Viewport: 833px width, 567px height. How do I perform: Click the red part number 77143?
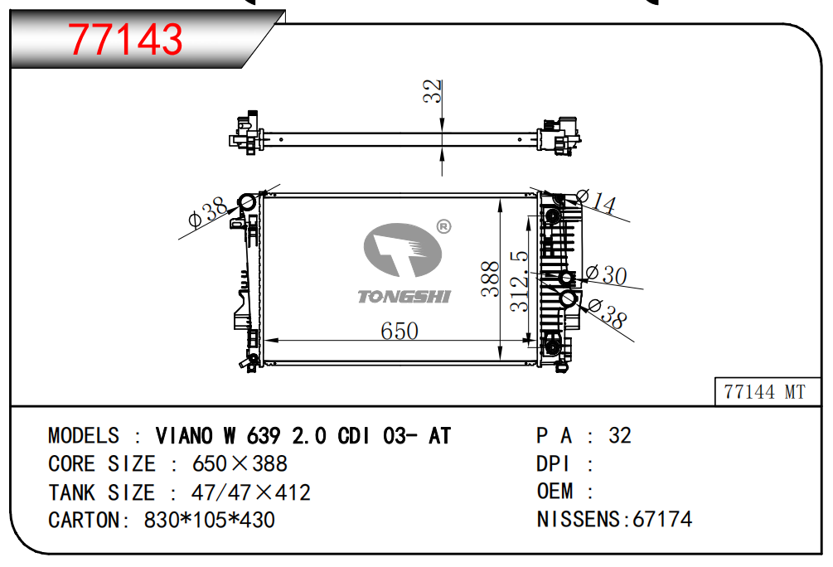click(x=125, y=39)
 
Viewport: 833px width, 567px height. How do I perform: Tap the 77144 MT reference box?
click(x=767, y=391)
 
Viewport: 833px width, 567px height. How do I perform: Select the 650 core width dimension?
click(x=400, y=331)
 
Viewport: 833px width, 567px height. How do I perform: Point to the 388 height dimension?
click(x=491, y=279)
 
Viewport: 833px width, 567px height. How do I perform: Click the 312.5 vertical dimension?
click(x=519, y=281)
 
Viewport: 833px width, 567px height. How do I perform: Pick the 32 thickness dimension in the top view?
click(x=433, y=91)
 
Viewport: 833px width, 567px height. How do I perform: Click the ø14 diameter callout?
click(x=596, y=201)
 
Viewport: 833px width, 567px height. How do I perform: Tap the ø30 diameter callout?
click(x=606, y=274)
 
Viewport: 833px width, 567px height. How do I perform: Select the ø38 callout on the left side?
click(x=208, y=211)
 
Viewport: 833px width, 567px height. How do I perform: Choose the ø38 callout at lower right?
click(x=608, y=313)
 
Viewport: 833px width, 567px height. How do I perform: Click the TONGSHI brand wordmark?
click(x=404, y=297)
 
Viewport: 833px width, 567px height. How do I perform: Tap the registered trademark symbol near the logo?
click(x=443, y=227)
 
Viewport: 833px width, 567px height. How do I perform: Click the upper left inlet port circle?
click(x=247, y=202)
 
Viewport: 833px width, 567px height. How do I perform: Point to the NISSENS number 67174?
click(x=662, y=519)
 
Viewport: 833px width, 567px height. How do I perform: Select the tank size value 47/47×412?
click(x=251, y=492)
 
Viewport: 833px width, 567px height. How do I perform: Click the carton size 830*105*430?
click(x=210, y=520)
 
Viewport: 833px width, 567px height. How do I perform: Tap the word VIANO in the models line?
click(x=184, y=436)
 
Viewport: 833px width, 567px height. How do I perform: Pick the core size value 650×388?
click(x=240, y=464)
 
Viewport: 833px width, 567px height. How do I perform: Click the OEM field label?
click(x=555, y=491)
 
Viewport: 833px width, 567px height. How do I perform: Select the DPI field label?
click(x=553, y=464)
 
